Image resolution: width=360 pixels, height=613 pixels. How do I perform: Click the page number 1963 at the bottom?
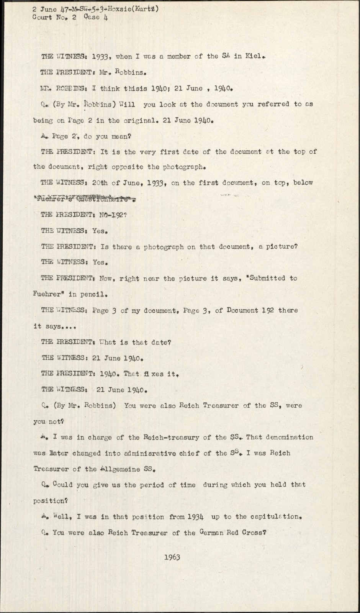click(x=172, y=557)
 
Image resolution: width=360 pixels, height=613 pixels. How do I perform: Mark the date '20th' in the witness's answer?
click(x=100, y=183)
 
